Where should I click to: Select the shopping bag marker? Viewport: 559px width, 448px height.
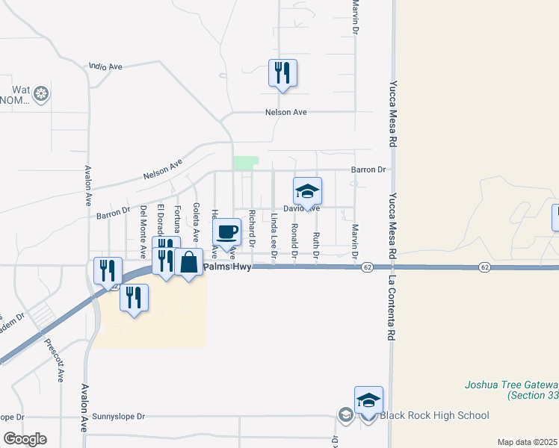click(x=189, y=263)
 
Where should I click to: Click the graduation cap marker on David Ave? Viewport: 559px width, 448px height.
click(x=307, y=192)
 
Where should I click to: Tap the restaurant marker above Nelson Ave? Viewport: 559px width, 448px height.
click(x=282, y=73)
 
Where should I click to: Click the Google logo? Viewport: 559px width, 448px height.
click(x=25, y=439)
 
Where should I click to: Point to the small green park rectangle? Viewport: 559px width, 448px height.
click(x=246, y=163)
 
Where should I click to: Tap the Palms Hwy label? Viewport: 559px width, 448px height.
click(x=226, y=266)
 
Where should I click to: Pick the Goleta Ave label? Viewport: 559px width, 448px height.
click(x=196, y=223)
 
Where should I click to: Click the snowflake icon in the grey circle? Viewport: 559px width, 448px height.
click(x=41, y=94)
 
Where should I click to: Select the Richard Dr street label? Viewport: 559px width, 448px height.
click(x=253, y=229)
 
